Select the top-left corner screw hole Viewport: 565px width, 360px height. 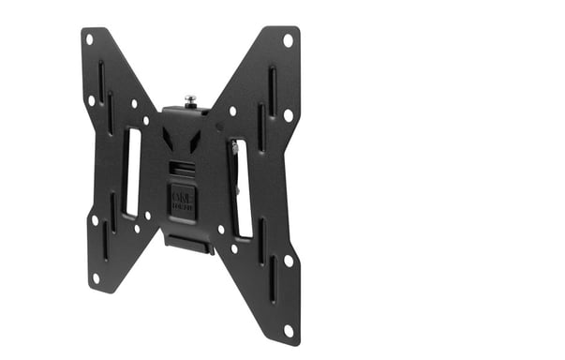(90, 39)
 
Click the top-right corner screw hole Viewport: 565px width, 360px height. (288, 39)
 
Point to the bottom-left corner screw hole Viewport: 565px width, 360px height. (96, 277)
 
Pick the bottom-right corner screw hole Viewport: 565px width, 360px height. (288, 329)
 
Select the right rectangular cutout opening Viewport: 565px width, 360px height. (241, 188)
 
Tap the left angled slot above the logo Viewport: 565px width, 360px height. (169, 140)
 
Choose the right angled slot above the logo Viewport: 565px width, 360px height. (195, 142)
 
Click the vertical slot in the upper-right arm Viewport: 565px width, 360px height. (272, 91)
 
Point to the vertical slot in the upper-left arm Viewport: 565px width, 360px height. (101, 81)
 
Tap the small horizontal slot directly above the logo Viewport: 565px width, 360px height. (182, 168)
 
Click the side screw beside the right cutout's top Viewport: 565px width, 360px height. (232, 147)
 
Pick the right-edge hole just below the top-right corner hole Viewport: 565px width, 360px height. (288, 114)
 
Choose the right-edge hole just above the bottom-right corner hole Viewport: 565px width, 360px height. (288, 260)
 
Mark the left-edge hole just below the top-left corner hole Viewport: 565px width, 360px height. (92, 99)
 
